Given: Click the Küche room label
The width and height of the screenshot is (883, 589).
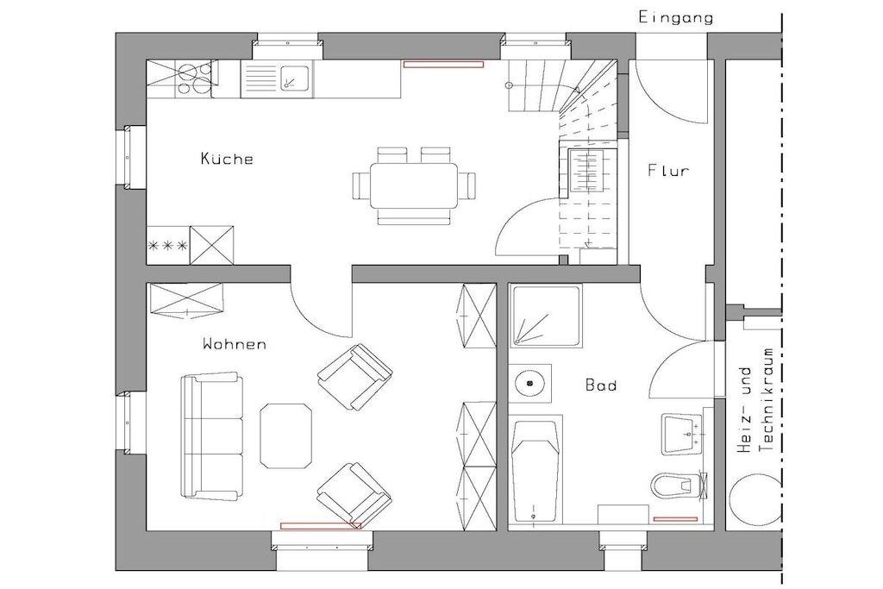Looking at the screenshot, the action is [x=227, y=158].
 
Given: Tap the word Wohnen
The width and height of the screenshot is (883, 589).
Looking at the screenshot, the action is [x=235, y=343].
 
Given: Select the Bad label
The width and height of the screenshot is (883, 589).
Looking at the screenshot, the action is [x=601, y=385].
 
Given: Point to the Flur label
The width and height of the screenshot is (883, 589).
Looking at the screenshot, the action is [x=668, y=170].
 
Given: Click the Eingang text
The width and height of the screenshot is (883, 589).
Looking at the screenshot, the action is [x=676, y=17].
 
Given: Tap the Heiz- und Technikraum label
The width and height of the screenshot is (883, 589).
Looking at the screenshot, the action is [x=755, y=400].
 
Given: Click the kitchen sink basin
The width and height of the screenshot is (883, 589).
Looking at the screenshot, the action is [x=295, y=78].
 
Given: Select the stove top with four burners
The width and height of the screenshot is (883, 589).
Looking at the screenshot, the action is [x=195, y=78].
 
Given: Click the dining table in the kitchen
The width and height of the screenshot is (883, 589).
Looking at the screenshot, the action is [x=414, y=185].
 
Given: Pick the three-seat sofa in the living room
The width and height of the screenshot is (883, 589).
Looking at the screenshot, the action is [x=212, y=435].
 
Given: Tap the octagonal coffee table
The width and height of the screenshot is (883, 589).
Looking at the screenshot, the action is [x=286, y=435].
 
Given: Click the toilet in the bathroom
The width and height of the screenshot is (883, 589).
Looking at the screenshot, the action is [x=678, y=485].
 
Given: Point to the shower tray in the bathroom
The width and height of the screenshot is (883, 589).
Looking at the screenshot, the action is [x=546, y=316].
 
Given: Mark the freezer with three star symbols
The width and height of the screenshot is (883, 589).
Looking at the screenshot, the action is [x=168, y=245].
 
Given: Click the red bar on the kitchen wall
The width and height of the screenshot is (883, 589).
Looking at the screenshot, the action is [x=443, y=64].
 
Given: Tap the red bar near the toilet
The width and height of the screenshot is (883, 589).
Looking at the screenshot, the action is [x=675, y=519].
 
